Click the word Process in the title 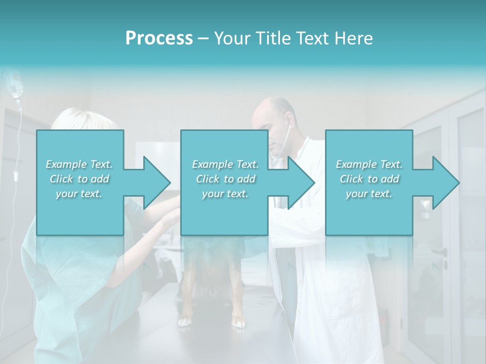coord(159,38)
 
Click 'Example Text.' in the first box coord(79,164)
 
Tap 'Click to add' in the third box coord(369,179)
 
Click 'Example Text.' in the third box coord(369,164)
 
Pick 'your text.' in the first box coord(79,194)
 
